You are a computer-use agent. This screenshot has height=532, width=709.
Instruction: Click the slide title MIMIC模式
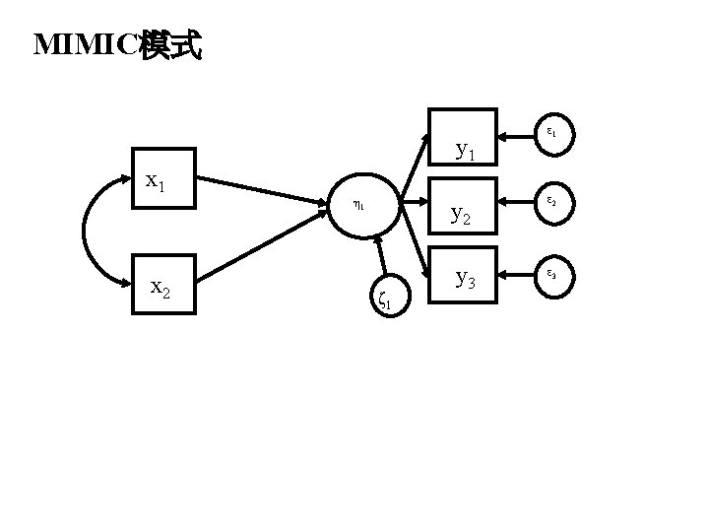click(x=117, y=45)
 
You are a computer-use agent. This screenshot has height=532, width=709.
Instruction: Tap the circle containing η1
click(x=362, y=207)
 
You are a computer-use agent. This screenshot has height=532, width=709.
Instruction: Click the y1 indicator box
click(x=463, y=135)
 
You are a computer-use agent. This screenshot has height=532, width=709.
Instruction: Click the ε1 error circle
click(x=550, y=131)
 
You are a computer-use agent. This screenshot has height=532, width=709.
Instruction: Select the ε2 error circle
click(x=550, y=202)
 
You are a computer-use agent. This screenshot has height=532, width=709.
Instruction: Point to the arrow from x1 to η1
click(x=262, y=193)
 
